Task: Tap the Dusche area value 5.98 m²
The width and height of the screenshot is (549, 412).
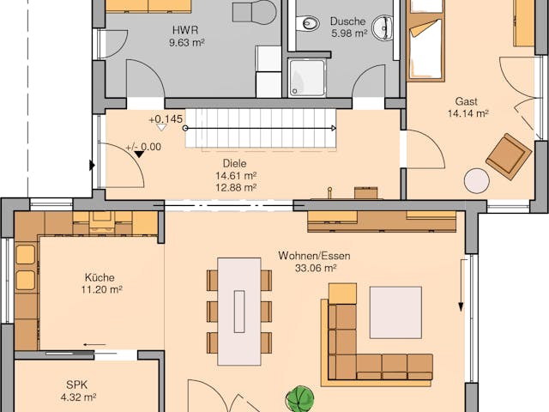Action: coord(348,34)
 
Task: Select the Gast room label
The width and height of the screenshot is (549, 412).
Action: coord(467,99)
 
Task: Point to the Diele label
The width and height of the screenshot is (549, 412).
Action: coord(235,161)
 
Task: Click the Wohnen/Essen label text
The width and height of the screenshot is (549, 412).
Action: coord(314,255)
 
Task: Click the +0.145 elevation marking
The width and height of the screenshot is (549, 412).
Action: coord(165,119)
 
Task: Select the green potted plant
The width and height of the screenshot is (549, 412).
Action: coord(299,399)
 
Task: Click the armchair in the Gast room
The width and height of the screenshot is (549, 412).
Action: coord(508,156)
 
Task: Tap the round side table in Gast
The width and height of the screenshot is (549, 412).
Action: coord(477,181)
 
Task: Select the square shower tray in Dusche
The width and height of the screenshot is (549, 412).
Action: coord(306,77)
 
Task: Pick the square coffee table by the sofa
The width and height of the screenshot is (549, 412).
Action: coord(395,312)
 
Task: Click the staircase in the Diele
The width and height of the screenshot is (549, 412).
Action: coord(261,129)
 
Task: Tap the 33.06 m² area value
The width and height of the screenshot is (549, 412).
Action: coord(313,268)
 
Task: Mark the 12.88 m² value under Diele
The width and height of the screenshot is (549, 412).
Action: coord(235,186)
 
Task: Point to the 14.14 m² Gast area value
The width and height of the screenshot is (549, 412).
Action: coord(468,112)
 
